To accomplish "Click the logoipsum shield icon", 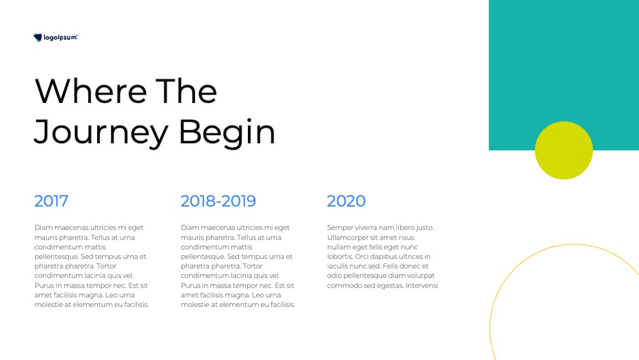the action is coord(38,38).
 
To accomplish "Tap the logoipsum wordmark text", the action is coord(60,38).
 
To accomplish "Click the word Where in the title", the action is coord(91,91).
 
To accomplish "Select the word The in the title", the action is coord(186,91).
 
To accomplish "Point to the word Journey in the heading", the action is coord(101,132).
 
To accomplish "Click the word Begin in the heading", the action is coord(227,132).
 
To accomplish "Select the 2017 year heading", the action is coord(51,201).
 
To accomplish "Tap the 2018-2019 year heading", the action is coord(218,201).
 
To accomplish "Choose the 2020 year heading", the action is coord(346,201).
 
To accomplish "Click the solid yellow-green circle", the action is coord(564,150).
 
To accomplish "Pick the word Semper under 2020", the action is coord(340,228).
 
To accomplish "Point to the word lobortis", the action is coord(340,256).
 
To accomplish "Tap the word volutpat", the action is coord(420,276).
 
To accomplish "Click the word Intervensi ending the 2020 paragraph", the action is coord(422,285).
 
